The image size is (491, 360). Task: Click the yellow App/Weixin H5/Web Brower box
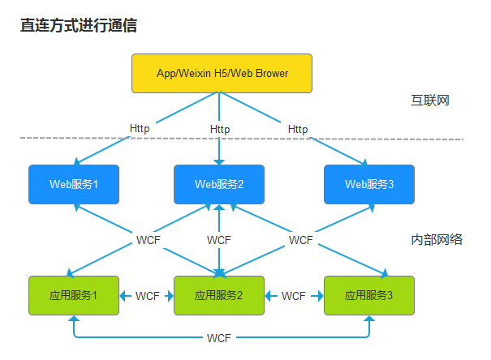tap(222, 73)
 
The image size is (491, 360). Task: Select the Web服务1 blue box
tap(74, 184)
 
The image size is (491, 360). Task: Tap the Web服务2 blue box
tap(219, 184)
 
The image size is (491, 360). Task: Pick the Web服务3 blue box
tap(369, 184)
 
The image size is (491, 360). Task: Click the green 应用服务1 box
tap(74, 296)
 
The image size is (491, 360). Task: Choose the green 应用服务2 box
tap(219, 296)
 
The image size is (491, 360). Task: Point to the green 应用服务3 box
tap(369, 296)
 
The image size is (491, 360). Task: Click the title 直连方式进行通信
tap(79, 25)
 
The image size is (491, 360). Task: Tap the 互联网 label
tap(430, 101)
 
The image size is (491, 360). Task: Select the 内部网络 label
tap(437, 239)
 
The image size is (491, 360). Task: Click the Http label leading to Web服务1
tap(140, 128)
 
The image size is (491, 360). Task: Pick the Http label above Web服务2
tap(219, 129)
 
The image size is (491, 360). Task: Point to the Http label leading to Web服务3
tap(298, 129)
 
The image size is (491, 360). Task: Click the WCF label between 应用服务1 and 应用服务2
tap(147, 296)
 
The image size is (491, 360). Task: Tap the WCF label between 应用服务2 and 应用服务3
tap(294, 296)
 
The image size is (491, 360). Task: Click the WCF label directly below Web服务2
tap(219, 240)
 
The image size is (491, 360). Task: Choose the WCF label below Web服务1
tap(148, 240)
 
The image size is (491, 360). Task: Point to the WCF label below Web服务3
tap(300, 240)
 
